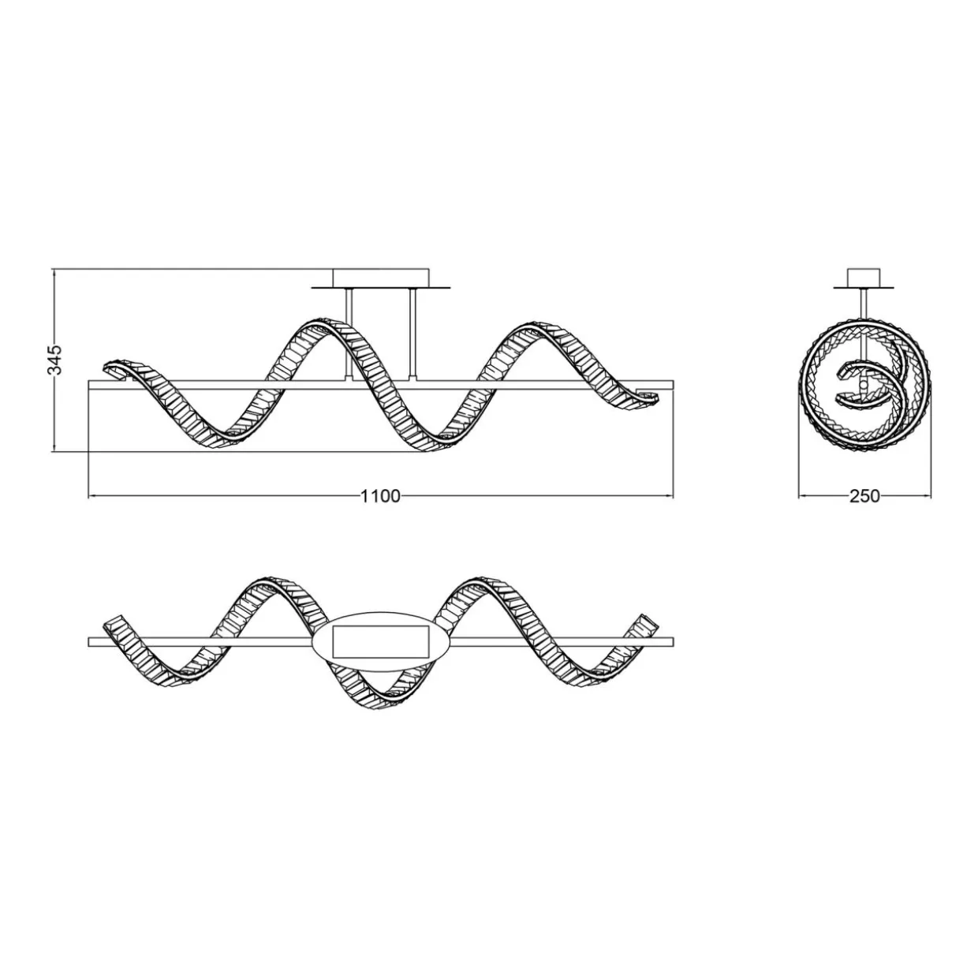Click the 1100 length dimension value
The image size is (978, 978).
[380, 496]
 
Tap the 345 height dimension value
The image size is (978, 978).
[54, 360]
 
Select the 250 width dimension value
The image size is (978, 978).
[864, 496]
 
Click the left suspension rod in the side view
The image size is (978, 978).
[348, 334]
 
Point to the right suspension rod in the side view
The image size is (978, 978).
[412, 334]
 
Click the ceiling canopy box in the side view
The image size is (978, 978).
[381, 278]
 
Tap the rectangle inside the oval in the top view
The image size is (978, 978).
[380, 641]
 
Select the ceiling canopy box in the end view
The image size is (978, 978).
[864, 278]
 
